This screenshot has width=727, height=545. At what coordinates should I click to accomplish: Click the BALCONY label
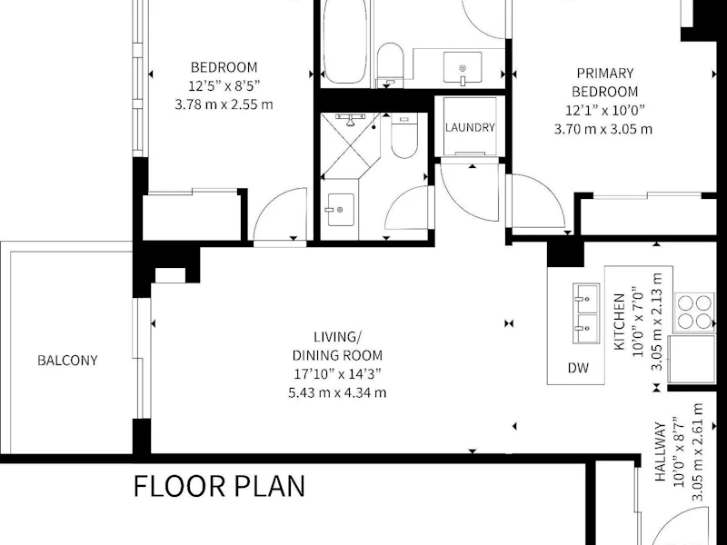67,361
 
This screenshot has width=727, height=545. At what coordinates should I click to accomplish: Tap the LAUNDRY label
470,127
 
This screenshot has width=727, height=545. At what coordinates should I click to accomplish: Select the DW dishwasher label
578,368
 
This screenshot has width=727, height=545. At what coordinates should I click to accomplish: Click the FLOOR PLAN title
219,486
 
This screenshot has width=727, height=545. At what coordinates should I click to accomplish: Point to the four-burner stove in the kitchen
694,312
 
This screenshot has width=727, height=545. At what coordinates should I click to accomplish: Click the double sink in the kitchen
586,313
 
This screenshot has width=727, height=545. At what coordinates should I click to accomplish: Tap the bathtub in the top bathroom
345,42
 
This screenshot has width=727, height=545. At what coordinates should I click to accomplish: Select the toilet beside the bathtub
390,64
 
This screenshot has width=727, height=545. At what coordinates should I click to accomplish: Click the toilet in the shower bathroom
403,135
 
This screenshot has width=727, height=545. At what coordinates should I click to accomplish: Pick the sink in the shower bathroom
340,210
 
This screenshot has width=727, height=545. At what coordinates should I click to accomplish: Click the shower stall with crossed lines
351,145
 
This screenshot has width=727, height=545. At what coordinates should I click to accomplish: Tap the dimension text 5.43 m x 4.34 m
337,393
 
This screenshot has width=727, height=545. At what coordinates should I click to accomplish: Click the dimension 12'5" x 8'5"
224,86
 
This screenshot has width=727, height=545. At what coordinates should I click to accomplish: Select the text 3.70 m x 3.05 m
603,129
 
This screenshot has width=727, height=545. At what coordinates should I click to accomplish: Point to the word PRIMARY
605,74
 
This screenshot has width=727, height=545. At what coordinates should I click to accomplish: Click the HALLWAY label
661,451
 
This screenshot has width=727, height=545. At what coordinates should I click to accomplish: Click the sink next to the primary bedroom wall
463,67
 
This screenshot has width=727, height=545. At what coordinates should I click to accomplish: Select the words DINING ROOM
337,355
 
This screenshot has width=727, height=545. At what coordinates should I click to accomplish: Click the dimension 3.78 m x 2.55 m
224,104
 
